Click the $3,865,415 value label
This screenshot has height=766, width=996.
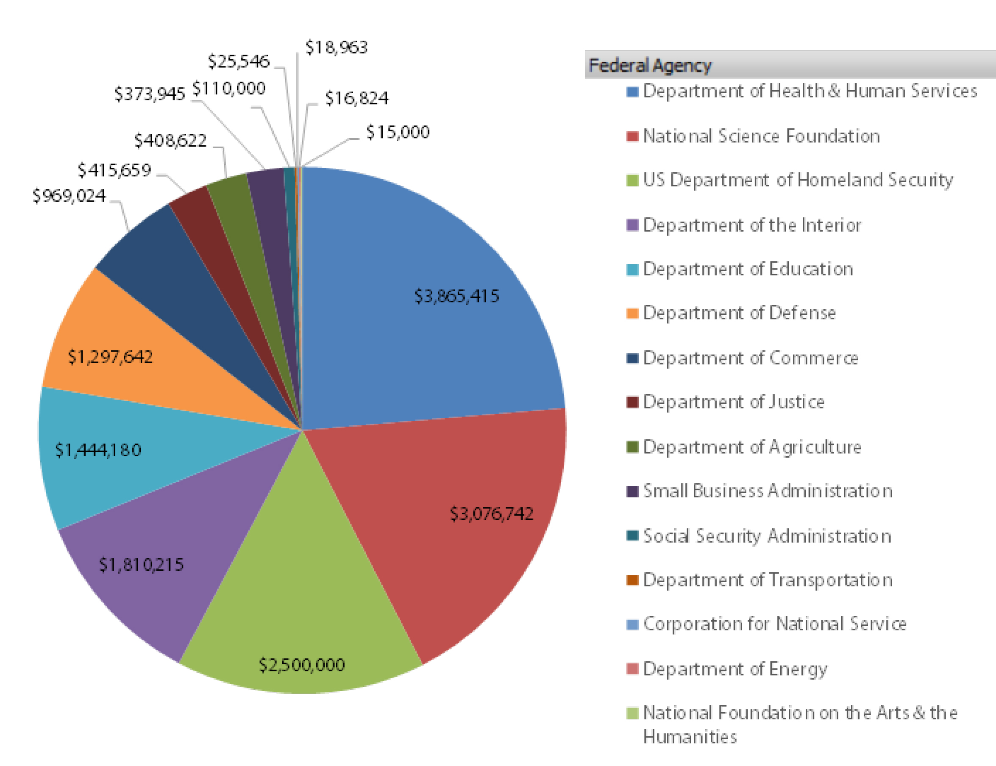pyautogui.click(x=456, y=297)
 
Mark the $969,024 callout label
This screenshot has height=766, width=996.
pyautogui.click(x=69, y=196)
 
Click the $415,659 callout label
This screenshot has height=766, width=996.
pyautogui.click(x=114, y=170)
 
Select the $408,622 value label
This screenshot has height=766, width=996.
pyautogui.click(x=170, y=140)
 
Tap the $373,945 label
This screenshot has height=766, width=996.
pyautogui.click(x=150, y=94)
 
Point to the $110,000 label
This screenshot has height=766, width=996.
pyautogui.click(x=228, y=89)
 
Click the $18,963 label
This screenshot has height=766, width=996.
pyautogui.click(x=336, y=47)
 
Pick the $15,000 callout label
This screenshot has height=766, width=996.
pyautogui.click(x=398, y=132)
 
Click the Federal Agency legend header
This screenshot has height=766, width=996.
pyautogui.click(x=649, y=65)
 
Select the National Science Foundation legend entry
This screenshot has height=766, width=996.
pyautogui.click(x=761, y=136)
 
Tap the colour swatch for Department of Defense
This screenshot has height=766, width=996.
pyautogui.click(x=632, y=313)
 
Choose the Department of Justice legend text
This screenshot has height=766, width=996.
pyautogui.click(x=733, y=402)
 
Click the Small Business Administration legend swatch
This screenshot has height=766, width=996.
pyautogui.click(x=632, y=491)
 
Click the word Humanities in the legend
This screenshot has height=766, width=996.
pyautogui.click(x=690, y=737)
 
